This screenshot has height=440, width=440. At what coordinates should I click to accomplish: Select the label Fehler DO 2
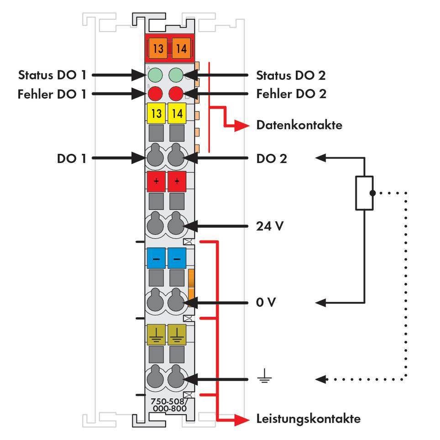(x=291, y=94)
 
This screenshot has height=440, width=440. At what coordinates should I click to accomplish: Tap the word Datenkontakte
(x=299, y=125)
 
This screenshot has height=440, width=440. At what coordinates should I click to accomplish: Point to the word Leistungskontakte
(x=308, y=419)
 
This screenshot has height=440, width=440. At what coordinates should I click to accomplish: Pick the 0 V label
(x=266, y=303)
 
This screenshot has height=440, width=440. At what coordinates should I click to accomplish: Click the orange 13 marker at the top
(x=158, y=48)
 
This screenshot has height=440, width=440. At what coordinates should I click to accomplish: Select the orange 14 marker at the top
(x=181, y=48)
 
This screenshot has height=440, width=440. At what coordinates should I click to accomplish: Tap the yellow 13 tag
(x=157, y=114)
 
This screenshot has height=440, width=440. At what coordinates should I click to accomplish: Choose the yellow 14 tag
(x=177, y=114)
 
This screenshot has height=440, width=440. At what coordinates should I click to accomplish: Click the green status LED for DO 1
(x=156, y=75)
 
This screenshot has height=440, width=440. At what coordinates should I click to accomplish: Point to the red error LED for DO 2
(x=176, y=94)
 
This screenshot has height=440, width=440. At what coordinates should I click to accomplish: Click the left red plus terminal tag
(x=156, y=182)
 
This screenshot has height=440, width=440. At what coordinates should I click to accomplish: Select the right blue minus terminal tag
(x=177, y=258)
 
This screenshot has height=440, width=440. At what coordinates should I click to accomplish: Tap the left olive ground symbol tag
(x=156, y=334)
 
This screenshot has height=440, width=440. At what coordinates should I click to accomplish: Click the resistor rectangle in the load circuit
(x=364, y=193)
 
